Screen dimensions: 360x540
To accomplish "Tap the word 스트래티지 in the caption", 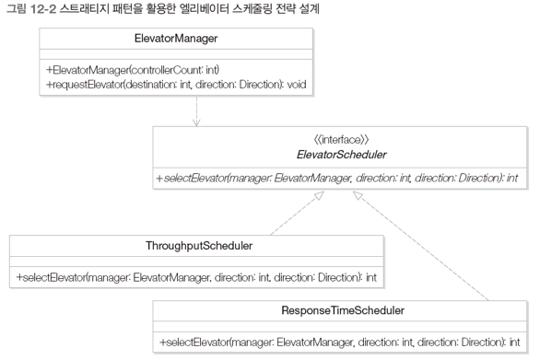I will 88,8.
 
